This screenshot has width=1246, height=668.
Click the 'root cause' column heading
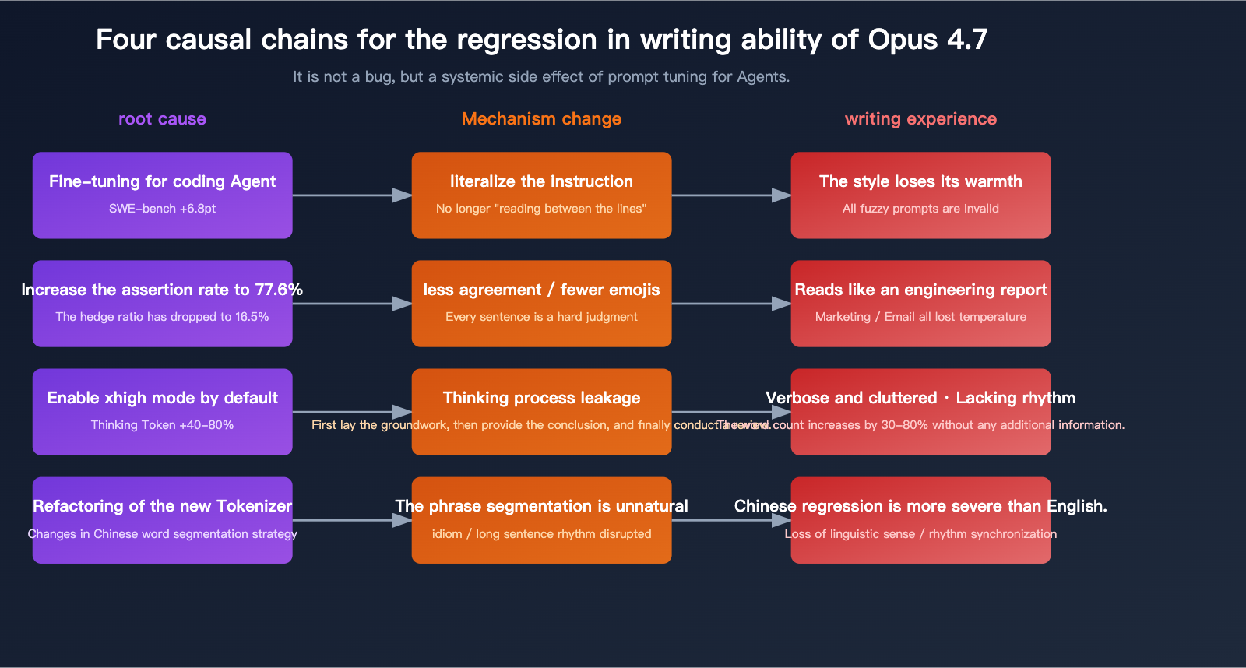[x=162, y=119]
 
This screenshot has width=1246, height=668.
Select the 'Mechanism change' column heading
[x=541, y=119]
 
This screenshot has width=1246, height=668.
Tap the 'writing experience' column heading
[x=920, y=119]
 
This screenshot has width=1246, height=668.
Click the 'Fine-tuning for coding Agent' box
[x=162, y=195]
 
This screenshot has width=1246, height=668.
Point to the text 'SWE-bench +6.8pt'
[x=162, y=209]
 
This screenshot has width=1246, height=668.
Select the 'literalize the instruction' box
[x=541, y=195]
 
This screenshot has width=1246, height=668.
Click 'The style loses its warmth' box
[x=920, y=195]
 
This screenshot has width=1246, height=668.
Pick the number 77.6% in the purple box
[x=279, y=290]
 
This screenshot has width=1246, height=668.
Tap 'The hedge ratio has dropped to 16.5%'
[x=162, y=317]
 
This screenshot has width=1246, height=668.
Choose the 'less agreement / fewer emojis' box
[x=541, y=303]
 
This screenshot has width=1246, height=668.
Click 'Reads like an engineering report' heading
[x=920, y=290]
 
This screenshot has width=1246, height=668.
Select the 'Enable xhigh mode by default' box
[x=162, y=411]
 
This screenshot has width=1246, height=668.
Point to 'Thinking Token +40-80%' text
[x=162, y=425]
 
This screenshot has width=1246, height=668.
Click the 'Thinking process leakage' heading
[x=541, y=398]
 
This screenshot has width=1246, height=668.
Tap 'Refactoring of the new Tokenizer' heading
[x=162, y=506]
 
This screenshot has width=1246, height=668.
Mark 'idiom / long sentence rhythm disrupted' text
[x=541, y=534]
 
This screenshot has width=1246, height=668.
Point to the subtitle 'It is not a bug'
[x=541, y=76]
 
